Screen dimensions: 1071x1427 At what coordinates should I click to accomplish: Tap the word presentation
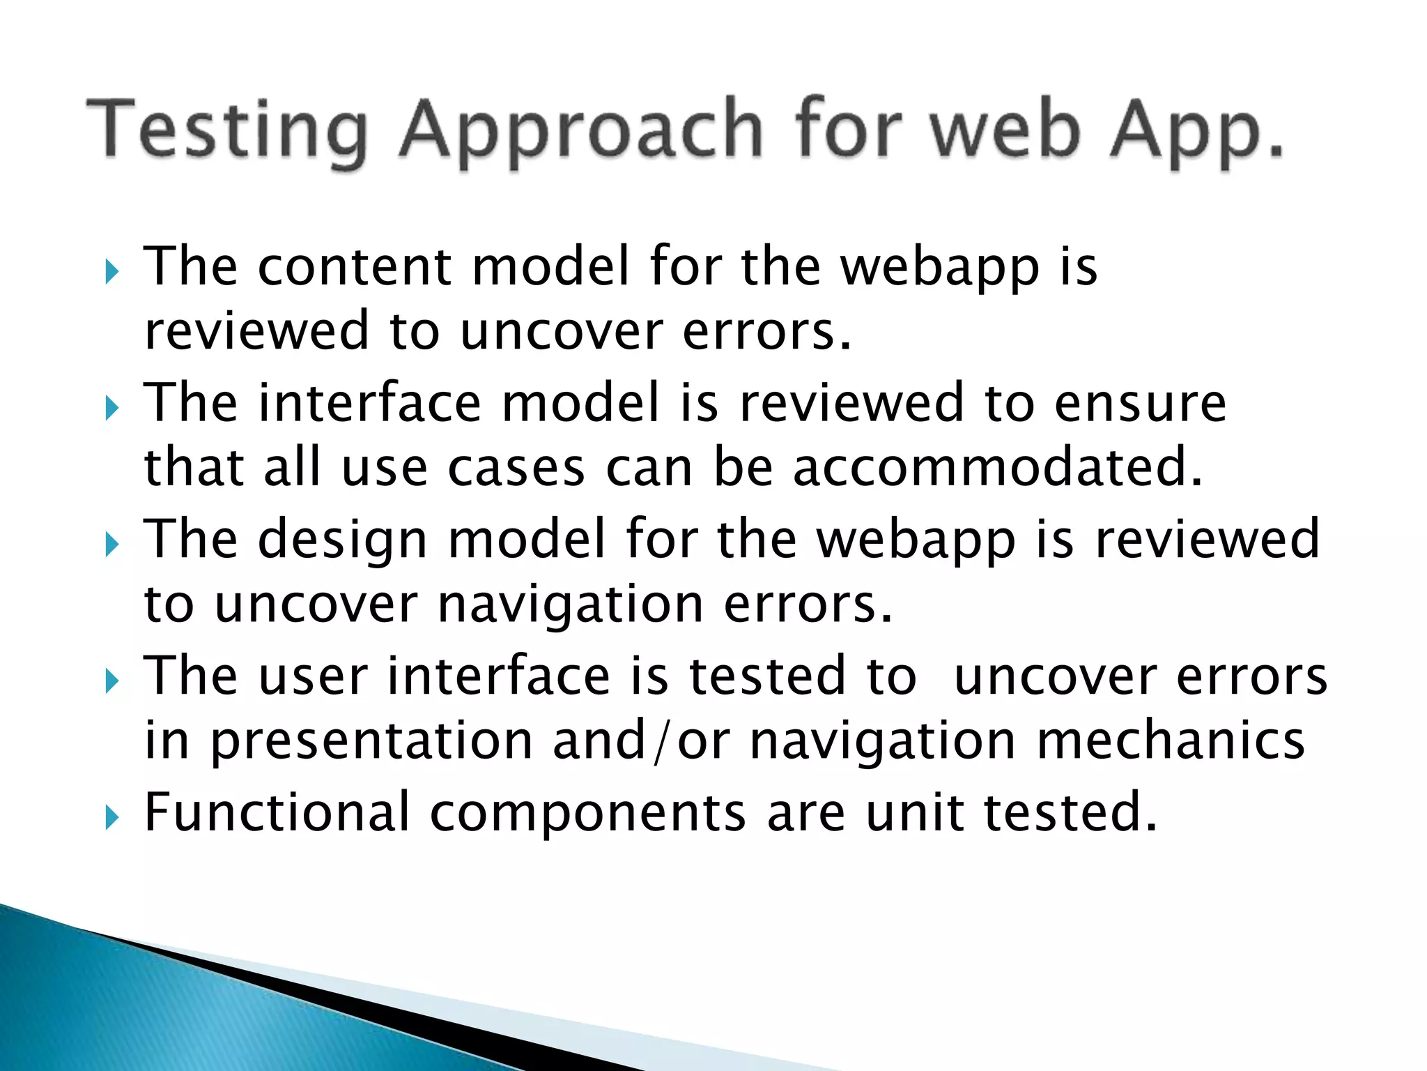coord(371,740)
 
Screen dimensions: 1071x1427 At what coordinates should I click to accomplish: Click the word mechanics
coord(1171,740)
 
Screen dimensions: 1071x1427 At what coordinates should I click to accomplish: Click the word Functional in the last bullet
coord(277,812)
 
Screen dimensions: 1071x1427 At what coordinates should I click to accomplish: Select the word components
coord(587,812)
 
